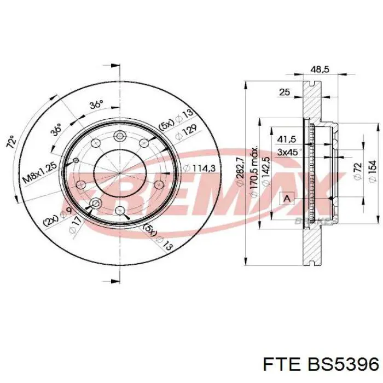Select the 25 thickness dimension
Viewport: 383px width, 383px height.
284,92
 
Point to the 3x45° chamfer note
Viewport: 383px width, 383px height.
289,152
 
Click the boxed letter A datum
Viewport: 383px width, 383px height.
286,198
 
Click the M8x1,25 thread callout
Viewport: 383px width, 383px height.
42,171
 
